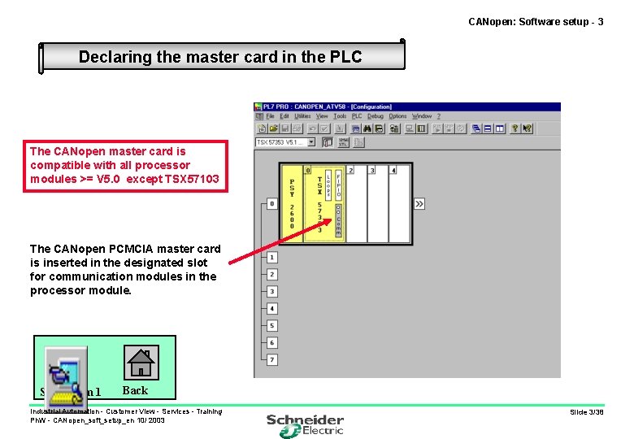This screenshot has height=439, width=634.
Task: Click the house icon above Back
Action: click(141, 362)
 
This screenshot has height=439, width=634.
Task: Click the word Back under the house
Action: click(135, 390)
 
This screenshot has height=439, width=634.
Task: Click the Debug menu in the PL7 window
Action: click(375, 116)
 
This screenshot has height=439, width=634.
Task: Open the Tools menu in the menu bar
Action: click(340, 116)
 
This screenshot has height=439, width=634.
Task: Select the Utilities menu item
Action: click(302, 116)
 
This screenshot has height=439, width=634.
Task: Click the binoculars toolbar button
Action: click(367, 128)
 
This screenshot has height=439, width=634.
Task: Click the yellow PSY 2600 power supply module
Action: click(292, 203)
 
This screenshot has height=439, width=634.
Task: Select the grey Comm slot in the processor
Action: click(338, 219)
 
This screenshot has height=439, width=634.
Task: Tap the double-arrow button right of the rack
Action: click(419, 203)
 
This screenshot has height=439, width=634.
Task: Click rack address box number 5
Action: click(272, 326)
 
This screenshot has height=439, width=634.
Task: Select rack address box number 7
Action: click(272, 360)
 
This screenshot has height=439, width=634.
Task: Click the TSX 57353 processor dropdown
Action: click(285, 142)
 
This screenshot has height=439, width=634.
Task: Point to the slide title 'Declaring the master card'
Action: click(219, 57)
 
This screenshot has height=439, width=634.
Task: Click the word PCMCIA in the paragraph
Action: click(150, 249)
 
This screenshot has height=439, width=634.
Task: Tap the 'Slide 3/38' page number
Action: click(586, 412)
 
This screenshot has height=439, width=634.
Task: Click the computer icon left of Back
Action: click(64, 374)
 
